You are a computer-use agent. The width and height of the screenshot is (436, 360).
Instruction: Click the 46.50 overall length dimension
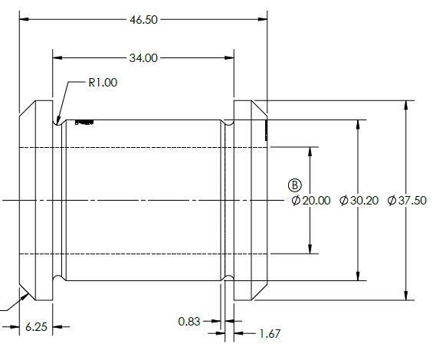(143, 20)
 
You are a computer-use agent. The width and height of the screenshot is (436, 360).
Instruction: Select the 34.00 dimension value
(143, 58)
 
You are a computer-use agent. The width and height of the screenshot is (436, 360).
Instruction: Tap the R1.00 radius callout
(103, 83)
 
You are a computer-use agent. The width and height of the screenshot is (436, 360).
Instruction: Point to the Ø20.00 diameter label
(311, 201)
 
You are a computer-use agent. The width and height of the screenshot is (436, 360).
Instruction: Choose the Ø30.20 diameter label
(359, 201)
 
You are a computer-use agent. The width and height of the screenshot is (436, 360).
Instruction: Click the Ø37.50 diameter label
(407, 201)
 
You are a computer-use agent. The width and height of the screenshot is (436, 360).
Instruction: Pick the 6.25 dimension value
(36, 327)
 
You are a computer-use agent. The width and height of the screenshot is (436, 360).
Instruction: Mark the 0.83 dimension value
(189, 322)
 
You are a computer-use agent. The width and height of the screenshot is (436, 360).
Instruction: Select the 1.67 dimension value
(270, 334)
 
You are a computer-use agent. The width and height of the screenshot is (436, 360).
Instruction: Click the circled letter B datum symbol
(295, 185)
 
